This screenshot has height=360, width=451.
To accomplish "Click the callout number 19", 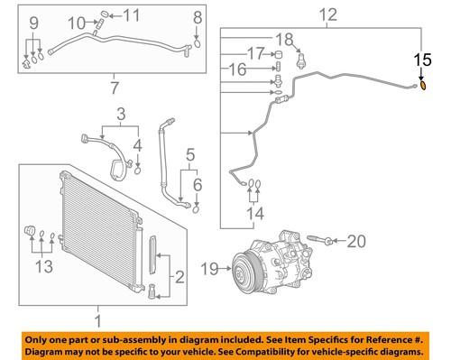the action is [210, 266].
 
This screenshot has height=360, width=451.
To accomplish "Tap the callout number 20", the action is [356, 241].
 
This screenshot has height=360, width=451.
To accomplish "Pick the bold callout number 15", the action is [422, 60].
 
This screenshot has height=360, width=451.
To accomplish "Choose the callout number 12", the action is [326, 15].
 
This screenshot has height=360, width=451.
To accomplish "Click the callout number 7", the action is [114, 88].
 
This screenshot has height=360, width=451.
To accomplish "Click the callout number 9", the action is [33, 22].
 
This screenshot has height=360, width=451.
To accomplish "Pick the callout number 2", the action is [179, 276].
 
